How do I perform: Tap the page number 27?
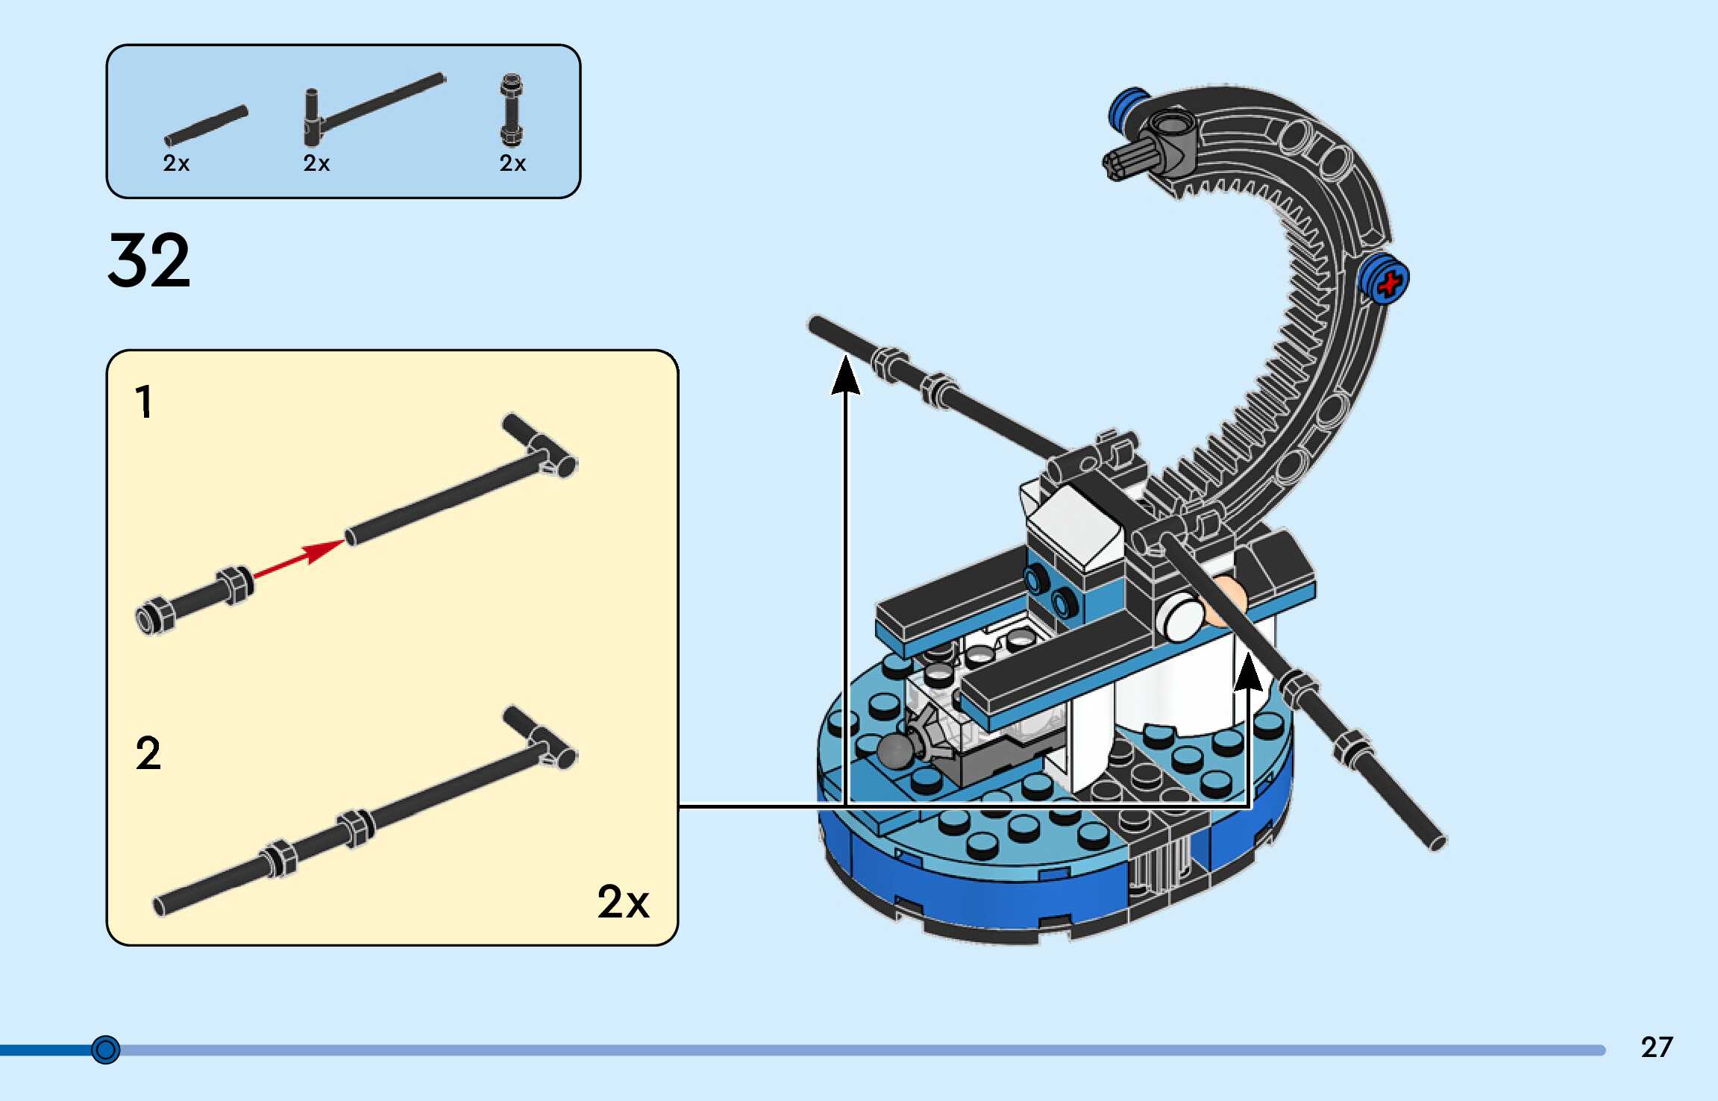point(1656,1047)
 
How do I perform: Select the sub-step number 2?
point(148,753)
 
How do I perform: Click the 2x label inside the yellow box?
point(623,902)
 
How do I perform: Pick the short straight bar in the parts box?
point(206,125)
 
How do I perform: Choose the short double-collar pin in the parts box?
point(511,110)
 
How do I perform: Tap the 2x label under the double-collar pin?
point(512,163)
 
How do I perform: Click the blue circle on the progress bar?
point(105,1050)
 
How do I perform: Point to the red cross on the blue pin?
point(1390,283)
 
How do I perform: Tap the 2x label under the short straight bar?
point(176,163)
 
